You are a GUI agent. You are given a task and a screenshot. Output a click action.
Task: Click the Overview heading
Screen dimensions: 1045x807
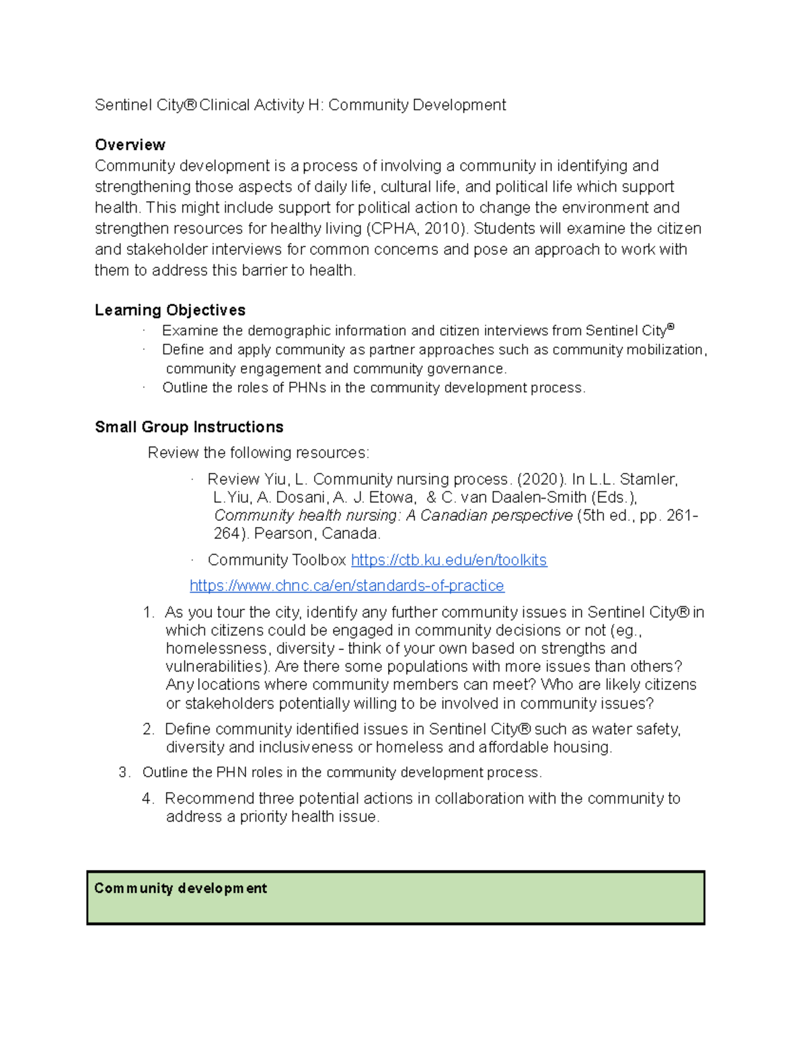tap(130, 145)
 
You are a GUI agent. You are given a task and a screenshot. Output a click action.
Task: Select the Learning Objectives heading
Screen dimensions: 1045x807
tap(170, 310)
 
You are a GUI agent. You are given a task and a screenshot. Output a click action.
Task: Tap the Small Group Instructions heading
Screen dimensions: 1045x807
tap(189, 427)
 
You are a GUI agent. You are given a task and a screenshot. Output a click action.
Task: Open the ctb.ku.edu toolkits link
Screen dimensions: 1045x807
tap(449, 560)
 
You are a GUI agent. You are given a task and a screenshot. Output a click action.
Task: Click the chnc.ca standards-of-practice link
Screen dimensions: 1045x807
tap(347, 586)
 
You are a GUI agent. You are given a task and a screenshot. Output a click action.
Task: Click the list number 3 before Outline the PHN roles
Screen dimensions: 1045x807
tap(124, 772)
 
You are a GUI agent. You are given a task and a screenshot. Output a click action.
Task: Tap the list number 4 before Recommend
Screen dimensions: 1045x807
tap(148, 799)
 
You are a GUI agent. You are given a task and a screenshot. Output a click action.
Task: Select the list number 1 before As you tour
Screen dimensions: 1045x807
tap(148, 612)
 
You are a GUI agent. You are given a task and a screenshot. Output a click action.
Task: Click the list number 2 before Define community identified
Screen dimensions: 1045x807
tap(148, 729)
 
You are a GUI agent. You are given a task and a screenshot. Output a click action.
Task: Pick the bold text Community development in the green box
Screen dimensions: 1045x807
tap(180, 888)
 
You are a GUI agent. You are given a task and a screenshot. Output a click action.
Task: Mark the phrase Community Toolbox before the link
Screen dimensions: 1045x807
tap(276, 560)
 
